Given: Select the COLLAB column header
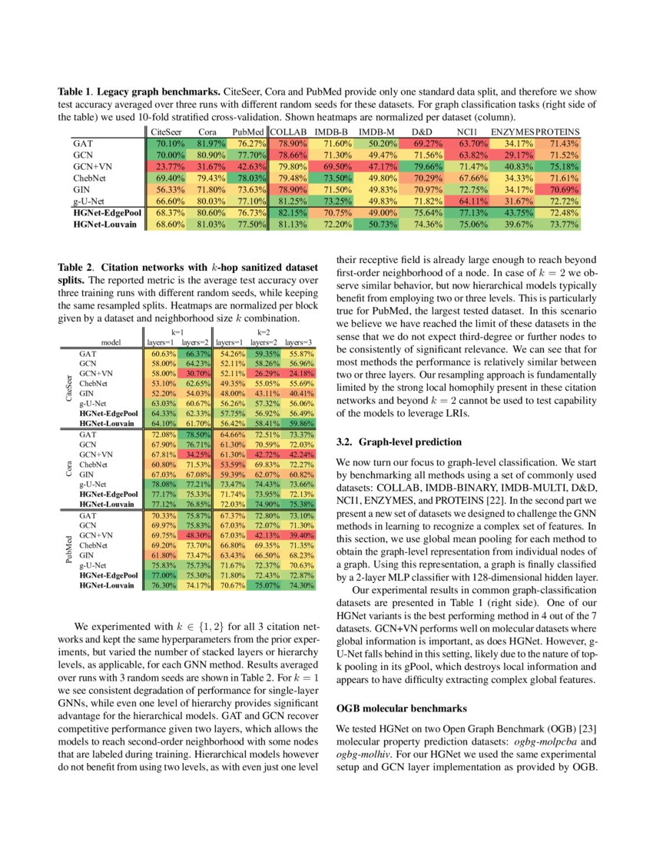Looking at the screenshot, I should pos(289,132).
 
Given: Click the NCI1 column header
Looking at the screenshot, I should pos(468,132).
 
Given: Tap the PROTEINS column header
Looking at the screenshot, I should pos(557,132).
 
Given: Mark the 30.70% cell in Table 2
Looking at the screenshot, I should pos(196,372).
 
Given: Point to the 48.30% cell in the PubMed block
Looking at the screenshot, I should pos(196,535).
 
